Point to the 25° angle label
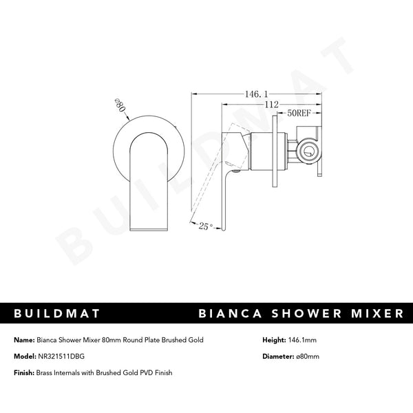[204, 224]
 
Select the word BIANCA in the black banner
[229, 313]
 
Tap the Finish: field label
[23, 372]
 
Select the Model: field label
[24, 356]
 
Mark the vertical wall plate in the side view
[276, 151]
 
